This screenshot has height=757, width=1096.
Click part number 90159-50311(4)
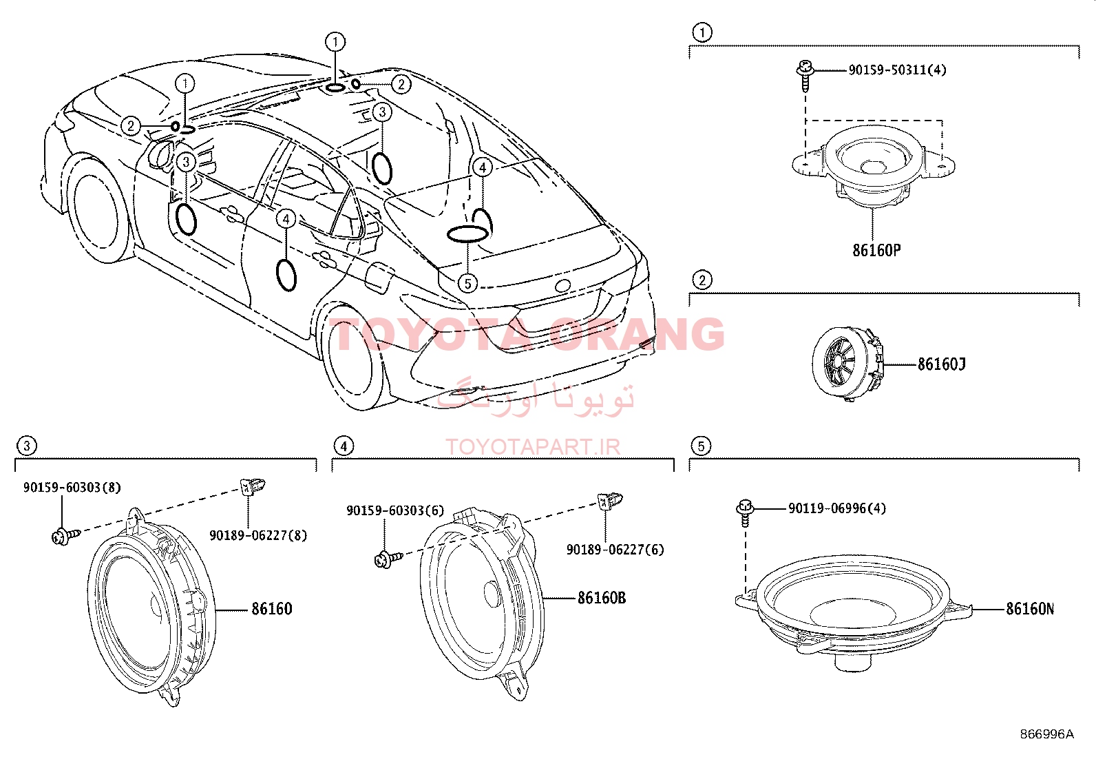tap(897, 70)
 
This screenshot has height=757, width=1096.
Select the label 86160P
tap(876, 250)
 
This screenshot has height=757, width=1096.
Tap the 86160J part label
tap(941, 364)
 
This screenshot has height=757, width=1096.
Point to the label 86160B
tap(601, 598)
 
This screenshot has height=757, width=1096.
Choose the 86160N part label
tap(1030, 609)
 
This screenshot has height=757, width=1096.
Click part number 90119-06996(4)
tap(837, 508)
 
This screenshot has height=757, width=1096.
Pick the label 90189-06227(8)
tap(258, 535)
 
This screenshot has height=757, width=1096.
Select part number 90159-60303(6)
tap(395, 510)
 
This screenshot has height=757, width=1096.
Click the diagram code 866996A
tap(1046, 734)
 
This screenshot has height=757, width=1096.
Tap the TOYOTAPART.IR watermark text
tap(533, 447)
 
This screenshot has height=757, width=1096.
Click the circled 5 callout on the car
tap(467, 283)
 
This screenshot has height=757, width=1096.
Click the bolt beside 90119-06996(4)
tap(744, 512)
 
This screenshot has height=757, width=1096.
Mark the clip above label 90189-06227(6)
tap(610, 501)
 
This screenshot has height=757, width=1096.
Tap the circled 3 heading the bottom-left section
tap(26, 446)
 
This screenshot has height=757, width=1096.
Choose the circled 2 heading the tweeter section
tap(703, 280)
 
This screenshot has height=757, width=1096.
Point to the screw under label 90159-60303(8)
tap(65, 535)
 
